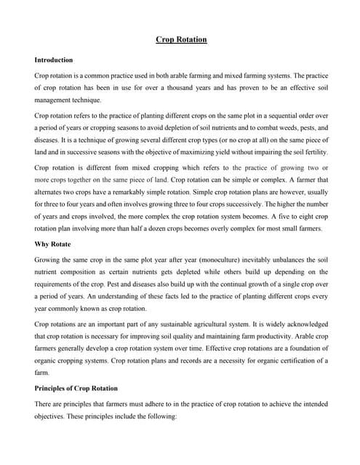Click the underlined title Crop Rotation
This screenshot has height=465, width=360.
181,39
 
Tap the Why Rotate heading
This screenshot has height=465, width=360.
53,244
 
